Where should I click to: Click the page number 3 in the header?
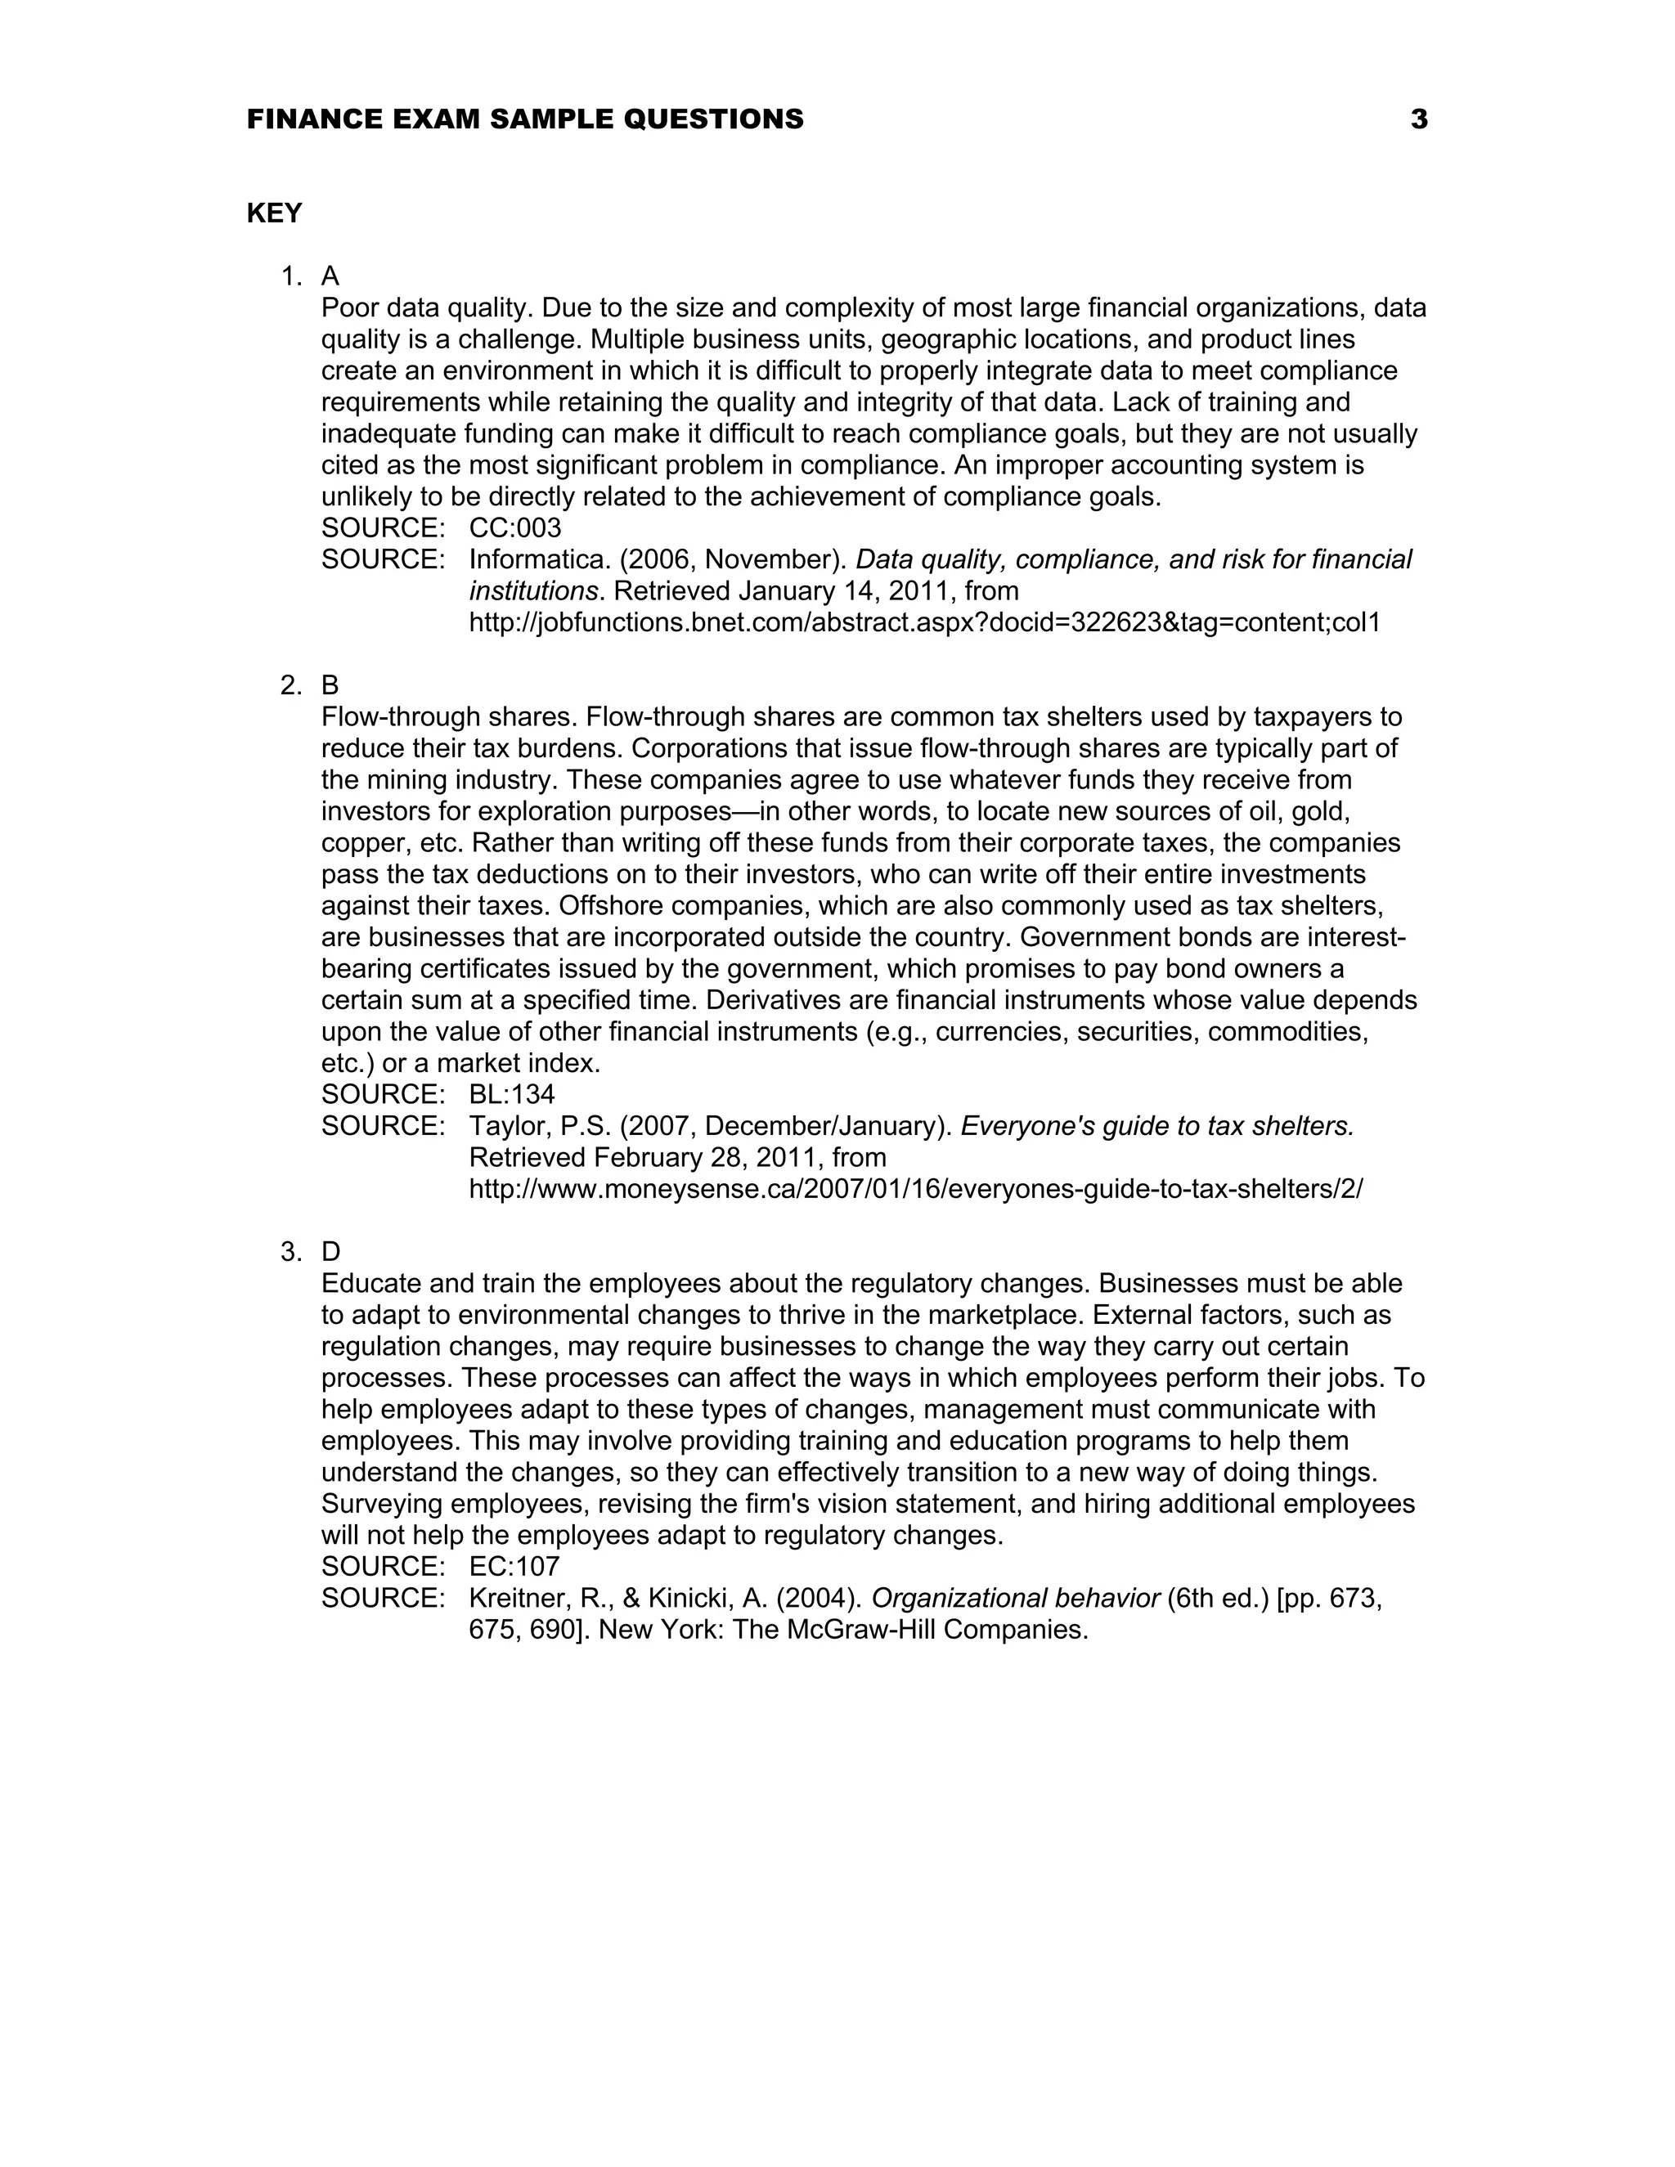point(1419,119)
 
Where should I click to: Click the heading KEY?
point(274,213)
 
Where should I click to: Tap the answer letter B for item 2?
point(330,684)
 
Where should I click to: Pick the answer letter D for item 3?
point(330,1252)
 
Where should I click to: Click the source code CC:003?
point(515,528)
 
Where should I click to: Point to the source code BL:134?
point(512,1094)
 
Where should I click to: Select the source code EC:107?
point(514,1567)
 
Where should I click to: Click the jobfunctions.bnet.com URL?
point(924,623)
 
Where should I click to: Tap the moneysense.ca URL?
point(915,1189)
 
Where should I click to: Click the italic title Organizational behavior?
point(1015,1599)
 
